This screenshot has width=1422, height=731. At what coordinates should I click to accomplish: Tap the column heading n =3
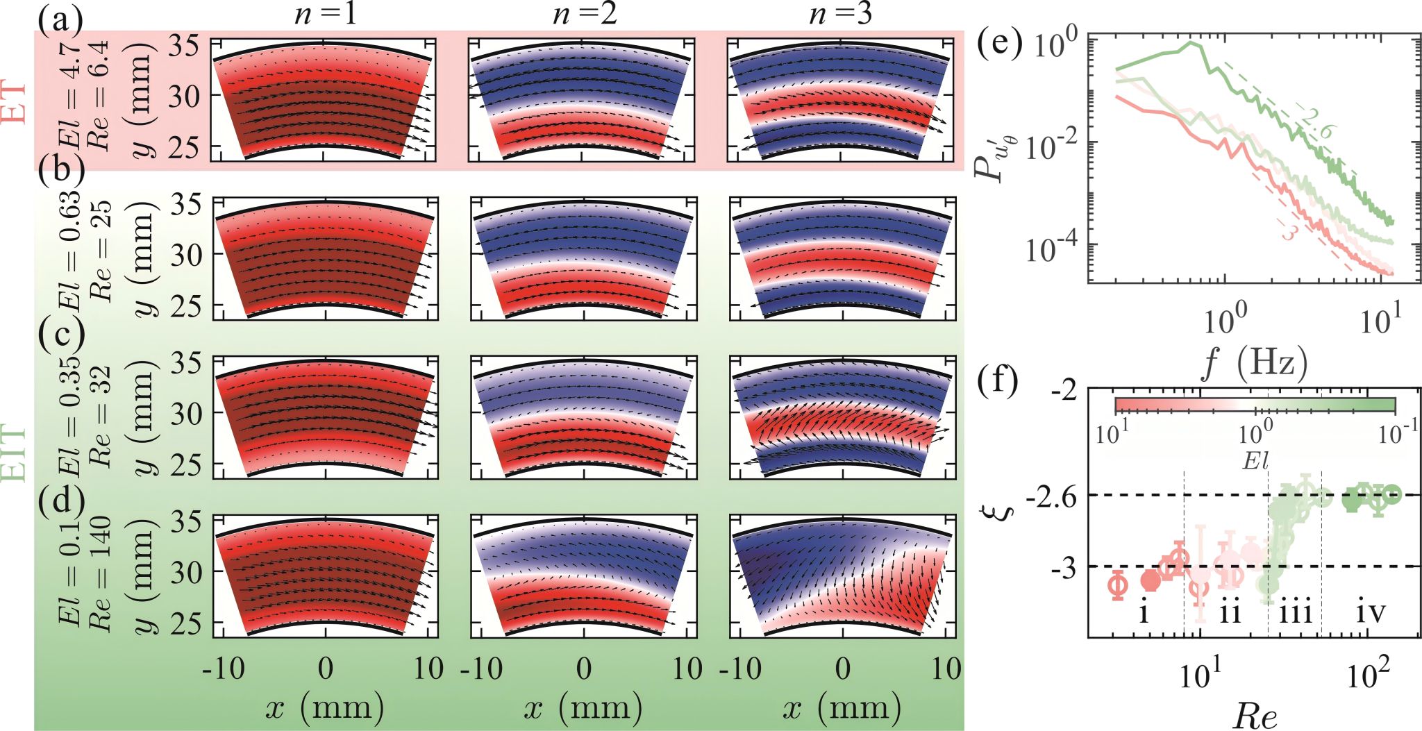(842, 14)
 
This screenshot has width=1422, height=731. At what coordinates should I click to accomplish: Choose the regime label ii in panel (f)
(1230, 614)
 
